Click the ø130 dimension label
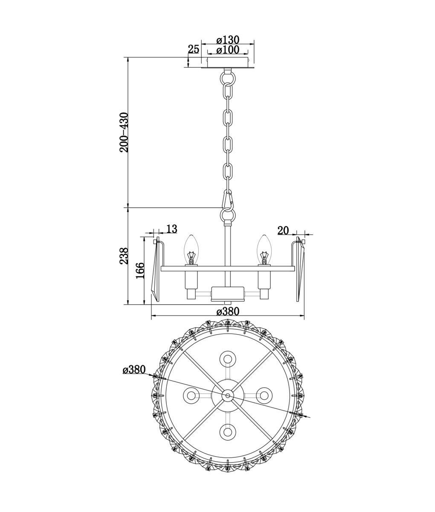(x=228, y=40)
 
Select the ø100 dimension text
(x=228, y=50)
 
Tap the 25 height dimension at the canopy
(x=193, y=49)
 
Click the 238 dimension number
(x=124, y=256)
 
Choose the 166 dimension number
(x=140, y=270)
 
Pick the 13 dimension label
(x=171, y=229)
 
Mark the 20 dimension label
(x=283, y=230)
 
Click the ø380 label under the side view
(x=228, y=311)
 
